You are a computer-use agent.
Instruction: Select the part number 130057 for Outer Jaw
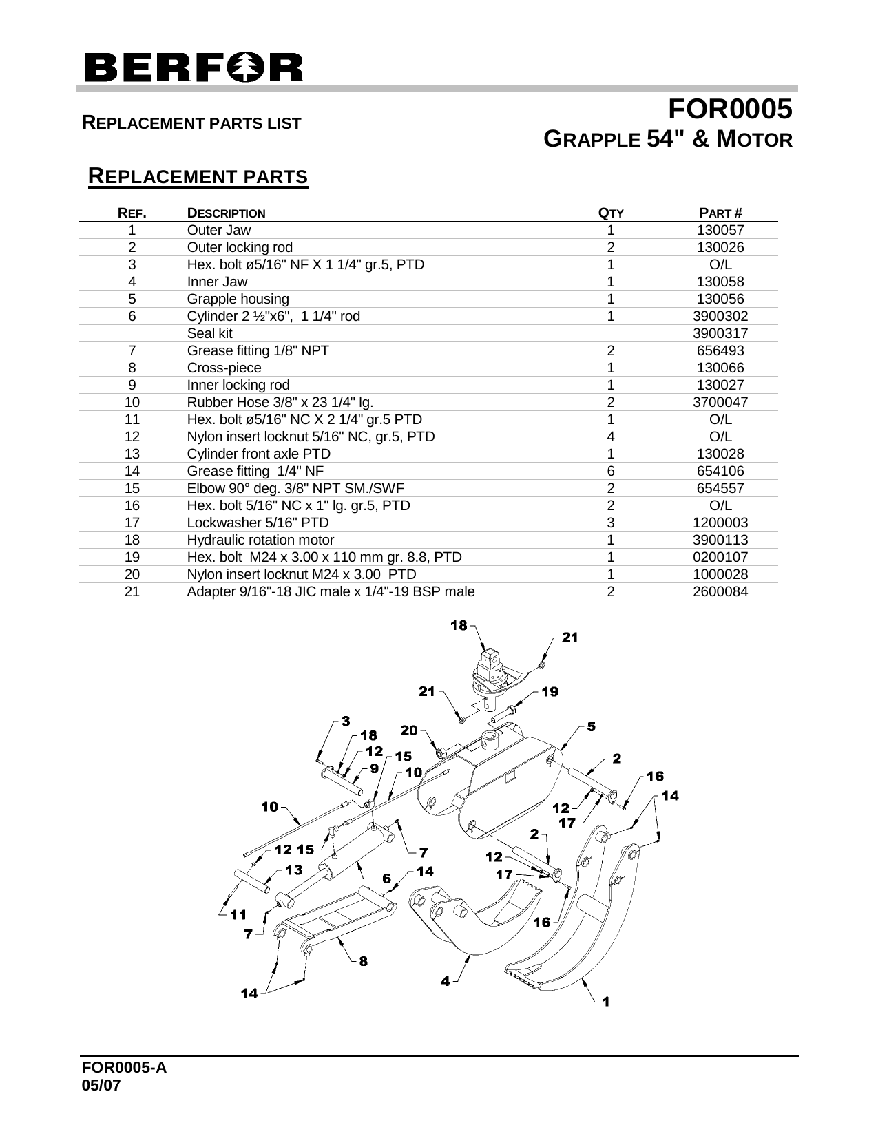[x=720, y=231]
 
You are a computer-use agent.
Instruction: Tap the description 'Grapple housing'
[x=238, y=299]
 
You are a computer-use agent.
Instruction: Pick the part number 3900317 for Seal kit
[x=720, y=334]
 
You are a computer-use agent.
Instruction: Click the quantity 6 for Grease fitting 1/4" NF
[x=610, y=472]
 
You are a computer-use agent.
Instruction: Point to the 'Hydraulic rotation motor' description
[x=260, y=540]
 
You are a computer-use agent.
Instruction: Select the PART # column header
[x=720, y=213]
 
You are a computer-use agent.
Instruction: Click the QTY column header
[x=610, y=213]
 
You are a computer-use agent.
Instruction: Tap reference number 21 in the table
[x=132, y=592]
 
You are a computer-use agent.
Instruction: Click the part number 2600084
[x=720, y=592]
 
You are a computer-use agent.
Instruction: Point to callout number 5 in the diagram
[x=592, y=727]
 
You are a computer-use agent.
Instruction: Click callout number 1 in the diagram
[x=606, y=1002]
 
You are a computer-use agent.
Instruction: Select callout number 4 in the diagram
[x=446, y=981]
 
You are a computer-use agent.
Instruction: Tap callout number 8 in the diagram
[x=363, y=962]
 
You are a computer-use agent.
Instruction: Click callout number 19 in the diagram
[x=550, y=692]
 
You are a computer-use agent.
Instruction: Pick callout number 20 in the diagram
[x=409, y=730]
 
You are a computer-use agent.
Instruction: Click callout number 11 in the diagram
[x=238, y=915]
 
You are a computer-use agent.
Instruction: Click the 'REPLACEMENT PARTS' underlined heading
[x=198, y=177]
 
